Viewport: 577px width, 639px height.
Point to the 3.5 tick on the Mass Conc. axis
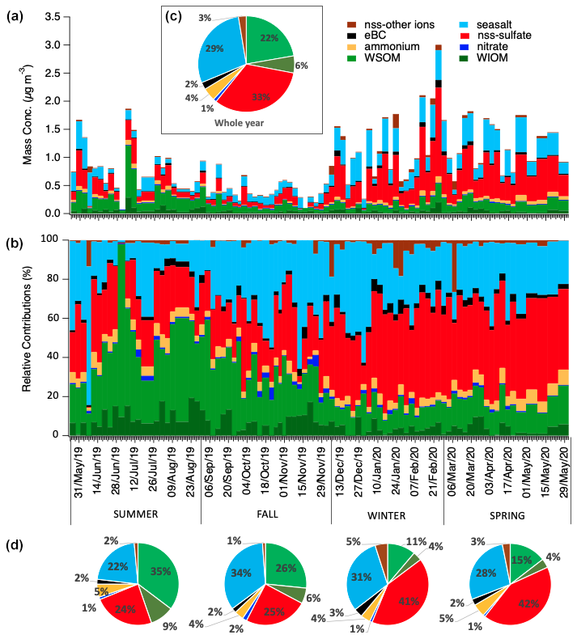(56, 17)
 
